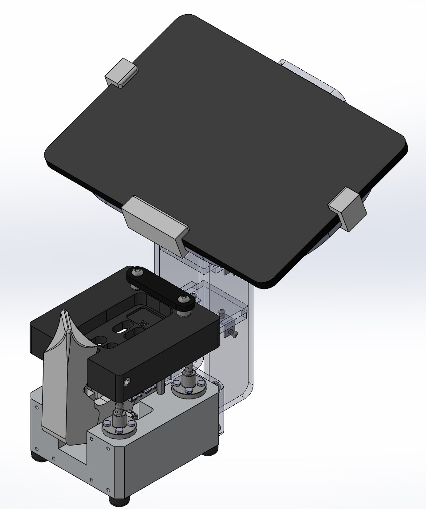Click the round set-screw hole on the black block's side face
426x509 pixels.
tap(128, 382)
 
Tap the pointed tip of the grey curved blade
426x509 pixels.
tap(64, 312)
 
